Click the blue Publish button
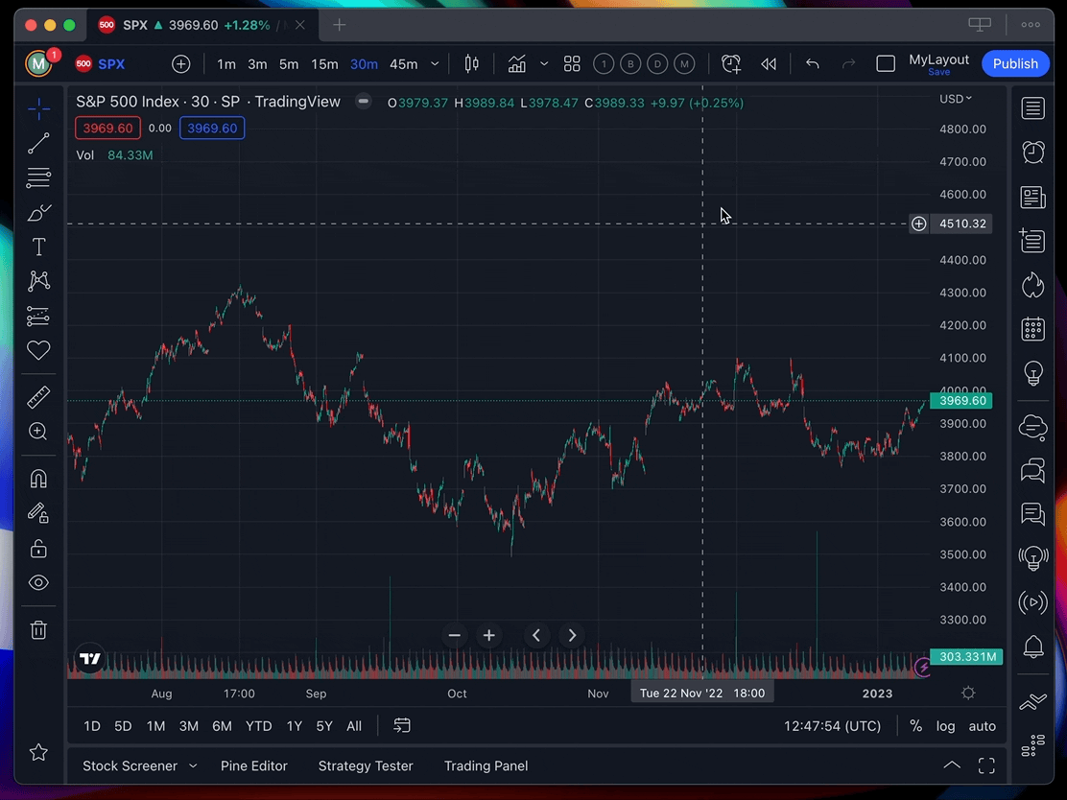click(1015, 63)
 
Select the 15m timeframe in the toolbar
click(324, 64)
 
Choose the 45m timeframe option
click(403, 64)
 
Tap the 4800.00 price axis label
click(962, 129)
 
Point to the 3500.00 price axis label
click(962, 554)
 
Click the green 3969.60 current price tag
click(962, 401)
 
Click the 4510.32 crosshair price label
click(962, 224)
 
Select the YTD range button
click(258, 726)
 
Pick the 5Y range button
click(324, 726)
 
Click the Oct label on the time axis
click(457, 694)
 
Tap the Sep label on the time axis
click(316, 694)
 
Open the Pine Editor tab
click(253, 765)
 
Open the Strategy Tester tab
click(366, 765)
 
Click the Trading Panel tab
click(486, 765)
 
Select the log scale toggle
click(945, 726)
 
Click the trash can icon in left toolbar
click(38, 630)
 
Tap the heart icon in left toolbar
click(38, 350)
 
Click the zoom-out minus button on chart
click(455, 635)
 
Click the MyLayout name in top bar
click(938, 59)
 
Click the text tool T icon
click(38, 247)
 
